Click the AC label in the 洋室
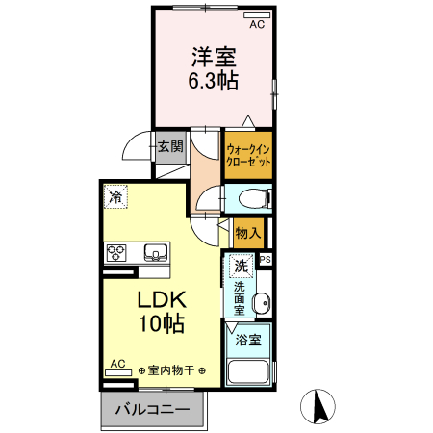tap(257, 25)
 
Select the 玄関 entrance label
tap(170, 147)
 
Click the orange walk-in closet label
tap(248, 155)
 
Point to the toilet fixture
tap(253, 200)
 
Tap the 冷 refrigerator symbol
tap(115, 197)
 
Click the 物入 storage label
tap(249, 232)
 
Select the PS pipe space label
tap(266, 257)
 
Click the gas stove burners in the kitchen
tap(117, 253)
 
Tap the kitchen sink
tap(155, 253)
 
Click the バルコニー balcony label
tap(153, 409)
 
